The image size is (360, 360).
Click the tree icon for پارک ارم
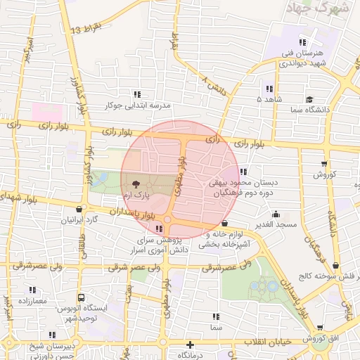coord(135,182)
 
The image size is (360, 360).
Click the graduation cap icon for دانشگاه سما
coord(309,100)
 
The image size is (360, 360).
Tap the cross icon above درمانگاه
coord(190,345)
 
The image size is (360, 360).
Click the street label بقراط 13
coord(87,29)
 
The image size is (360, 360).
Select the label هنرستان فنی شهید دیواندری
coord(303,58)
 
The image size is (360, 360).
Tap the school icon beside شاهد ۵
coord(269,89)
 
